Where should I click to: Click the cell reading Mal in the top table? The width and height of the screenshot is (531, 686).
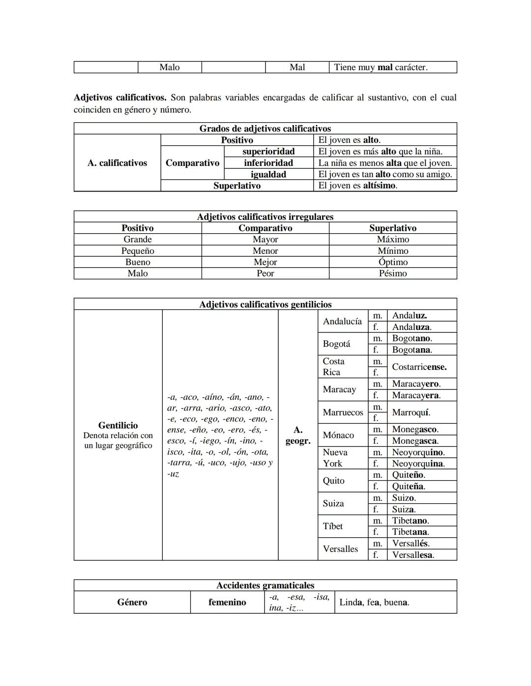(297, 67)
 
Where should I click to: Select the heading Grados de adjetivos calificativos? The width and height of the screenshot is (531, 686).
(265, 129)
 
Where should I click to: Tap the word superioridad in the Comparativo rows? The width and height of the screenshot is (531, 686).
(268, 151)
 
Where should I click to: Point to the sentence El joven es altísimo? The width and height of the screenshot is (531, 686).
(357, 186)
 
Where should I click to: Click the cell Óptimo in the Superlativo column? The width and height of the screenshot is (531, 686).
(393, 262)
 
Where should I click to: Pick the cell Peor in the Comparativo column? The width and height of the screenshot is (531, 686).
(265, 274)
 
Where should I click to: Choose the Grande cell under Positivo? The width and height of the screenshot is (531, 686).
(137, 240)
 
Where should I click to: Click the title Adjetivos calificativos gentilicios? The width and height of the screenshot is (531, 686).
(265, 304)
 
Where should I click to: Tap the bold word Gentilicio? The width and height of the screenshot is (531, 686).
(118, 425)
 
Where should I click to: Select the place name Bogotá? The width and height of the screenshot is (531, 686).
(336, 344)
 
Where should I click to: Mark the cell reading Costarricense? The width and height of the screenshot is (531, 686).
(419, 367)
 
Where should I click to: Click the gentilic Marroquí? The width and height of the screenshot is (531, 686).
(411, 412)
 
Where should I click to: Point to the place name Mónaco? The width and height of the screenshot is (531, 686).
(338, 435)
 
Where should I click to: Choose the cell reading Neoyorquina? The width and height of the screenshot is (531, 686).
(418, 464)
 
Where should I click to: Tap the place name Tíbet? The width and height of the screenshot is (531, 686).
(332, 526)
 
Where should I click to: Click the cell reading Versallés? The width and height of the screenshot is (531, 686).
(411, 544)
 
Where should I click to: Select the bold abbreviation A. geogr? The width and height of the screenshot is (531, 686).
(298, 435)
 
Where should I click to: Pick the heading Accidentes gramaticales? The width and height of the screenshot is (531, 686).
(265, 585)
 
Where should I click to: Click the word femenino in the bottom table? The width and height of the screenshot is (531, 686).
(227, 603)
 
